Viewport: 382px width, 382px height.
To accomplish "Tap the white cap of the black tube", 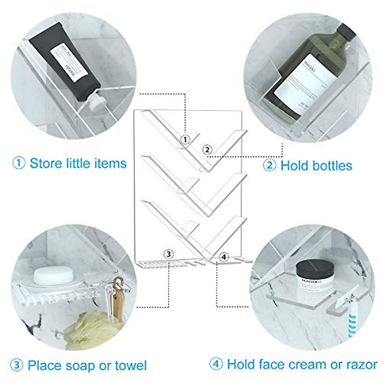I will [x=95, y=102].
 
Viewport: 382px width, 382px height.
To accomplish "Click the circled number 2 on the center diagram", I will [x=207, y=149].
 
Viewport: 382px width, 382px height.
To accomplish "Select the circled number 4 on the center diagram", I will [x=224, y=256].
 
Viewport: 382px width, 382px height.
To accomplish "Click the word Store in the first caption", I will [x=46, y=163].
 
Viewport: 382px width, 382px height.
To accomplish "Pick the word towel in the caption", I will [x=131, y=365].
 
